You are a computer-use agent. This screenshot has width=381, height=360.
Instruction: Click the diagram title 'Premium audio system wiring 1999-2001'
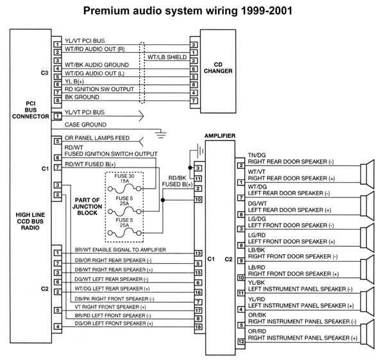click(190, 11)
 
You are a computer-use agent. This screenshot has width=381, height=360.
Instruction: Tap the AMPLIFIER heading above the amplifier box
click(219, 136)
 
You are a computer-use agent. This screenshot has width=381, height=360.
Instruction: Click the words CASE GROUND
click(86, 124)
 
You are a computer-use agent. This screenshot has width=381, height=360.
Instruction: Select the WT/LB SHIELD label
click(167, 57)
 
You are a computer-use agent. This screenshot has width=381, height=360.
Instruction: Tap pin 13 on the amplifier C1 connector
click(198, 253)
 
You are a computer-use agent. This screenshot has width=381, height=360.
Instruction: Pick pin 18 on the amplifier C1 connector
click(198, 327)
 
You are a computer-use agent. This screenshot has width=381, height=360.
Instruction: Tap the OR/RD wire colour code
click(257, 331)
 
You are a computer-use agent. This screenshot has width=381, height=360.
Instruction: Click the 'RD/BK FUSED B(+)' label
click(180, 181)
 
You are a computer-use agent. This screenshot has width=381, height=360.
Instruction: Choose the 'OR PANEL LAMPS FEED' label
click(97, 138)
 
